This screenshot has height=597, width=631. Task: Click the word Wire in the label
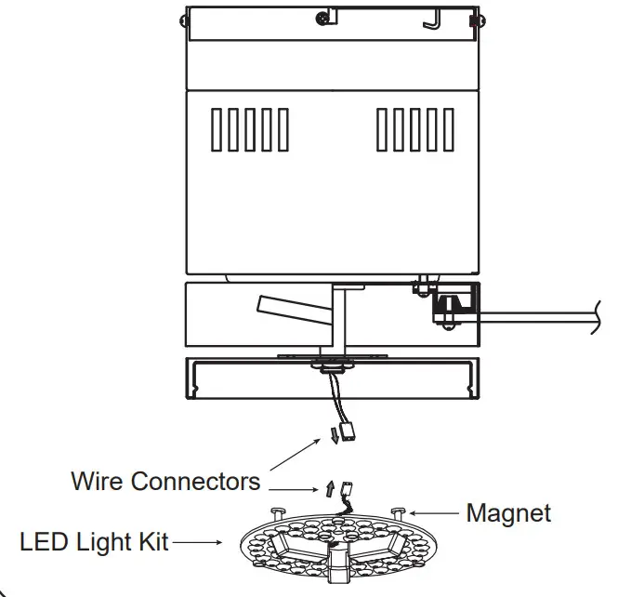[x=98, y=482]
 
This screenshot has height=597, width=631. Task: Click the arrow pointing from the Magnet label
[x=436, y=511]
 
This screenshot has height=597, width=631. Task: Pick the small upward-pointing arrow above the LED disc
[x=329, y=487]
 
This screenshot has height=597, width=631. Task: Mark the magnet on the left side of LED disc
[x=277, y=511]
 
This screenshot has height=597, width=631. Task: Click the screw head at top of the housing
[x=322, y=16]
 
